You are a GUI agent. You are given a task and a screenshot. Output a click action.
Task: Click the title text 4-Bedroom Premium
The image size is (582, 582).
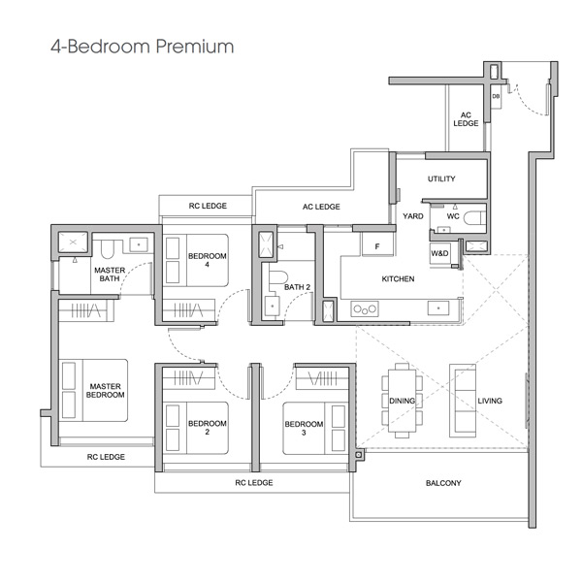point(143,47)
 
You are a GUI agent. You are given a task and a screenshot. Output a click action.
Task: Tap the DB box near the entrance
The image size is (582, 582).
point(496,96)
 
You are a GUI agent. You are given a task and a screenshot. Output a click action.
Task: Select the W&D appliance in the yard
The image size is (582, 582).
point(439,253)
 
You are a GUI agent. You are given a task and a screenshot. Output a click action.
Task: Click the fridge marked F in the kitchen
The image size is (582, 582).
point(377,245)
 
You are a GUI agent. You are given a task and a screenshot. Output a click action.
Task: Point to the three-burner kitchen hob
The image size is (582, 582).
point(365,308)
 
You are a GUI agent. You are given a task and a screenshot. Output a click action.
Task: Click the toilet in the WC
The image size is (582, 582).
point(475,218)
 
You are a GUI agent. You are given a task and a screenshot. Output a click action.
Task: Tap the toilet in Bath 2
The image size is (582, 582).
point(278,277)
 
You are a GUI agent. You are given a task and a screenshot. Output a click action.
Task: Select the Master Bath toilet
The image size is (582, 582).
point(108,249)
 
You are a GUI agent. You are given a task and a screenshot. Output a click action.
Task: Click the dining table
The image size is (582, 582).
point(403,401)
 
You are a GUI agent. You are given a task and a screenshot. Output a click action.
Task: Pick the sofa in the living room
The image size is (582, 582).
point(463,401)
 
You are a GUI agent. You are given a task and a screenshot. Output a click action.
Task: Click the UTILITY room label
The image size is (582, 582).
point(441,178)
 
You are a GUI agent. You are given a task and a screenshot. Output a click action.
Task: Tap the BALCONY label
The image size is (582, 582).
point(443,483)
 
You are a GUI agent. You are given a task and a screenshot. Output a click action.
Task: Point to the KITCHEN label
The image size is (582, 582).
point(398,279)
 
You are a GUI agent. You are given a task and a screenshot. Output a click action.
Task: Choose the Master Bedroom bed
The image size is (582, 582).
point(93,390)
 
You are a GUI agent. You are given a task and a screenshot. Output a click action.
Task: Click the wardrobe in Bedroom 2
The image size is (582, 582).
point(189,378)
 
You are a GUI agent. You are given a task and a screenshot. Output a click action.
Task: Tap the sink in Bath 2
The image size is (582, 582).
point(272,306)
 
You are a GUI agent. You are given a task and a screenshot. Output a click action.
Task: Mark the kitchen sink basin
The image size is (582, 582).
point(438,308)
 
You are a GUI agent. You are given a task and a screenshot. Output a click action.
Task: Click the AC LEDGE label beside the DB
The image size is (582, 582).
point(466,119)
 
